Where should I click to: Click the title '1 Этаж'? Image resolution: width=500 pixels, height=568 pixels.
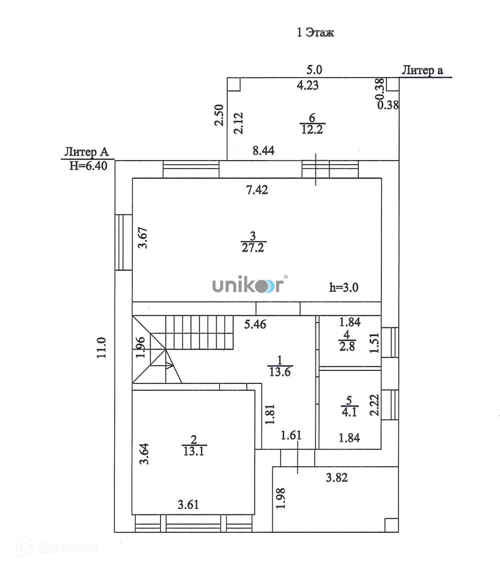[315, 33]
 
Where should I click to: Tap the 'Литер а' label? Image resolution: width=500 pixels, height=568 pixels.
[422, 70]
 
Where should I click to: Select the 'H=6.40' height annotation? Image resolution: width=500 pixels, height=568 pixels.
[88, 166]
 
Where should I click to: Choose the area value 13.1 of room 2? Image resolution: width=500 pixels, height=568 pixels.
[194, 451]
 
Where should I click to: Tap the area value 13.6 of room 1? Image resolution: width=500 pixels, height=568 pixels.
[280, 372]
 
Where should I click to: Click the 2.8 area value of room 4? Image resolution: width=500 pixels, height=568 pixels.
[347, 346]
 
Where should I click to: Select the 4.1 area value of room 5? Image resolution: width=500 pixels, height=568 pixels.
[349, 412]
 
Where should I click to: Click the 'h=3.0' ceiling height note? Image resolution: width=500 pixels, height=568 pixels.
[344, 288]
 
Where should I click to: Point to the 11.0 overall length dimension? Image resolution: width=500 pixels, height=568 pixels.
[102, 348]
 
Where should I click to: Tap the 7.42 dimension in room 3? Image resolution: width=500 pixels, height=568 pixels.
[257, 190]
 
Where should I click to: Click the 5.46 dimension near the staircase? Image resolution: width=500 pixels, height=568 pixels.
[255, 324]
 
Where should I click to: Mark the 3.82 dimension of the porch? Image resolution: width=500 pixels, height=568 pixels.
[337, 478]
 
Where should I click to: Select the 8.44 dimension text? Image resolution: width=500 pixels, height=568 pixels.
[264, 151]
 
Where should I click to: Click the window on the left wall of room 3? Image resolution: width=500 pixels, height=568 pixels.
[123, 242]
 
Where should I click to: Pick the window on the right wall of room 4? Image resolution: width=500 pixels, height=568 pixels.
[390, 342]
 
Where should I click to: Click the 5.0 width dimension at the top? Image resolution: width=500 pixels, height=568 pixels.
[314, 70]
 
